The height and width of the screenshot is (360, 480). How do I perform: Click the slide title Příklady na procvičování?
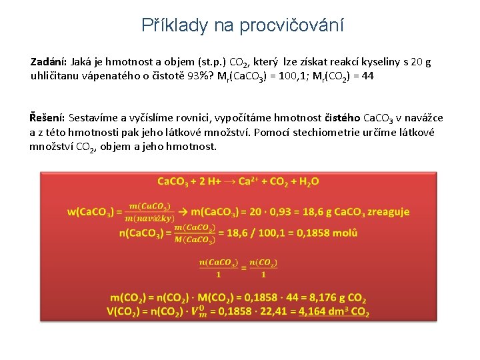tap(243, 25)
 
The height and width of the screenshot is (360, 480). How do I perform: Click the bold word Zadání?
tap(47, 62)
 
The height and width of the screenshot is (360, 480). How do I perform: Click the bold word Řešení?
tap(47, 118)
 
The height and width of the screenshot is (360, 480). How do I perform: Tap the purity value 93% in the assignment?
tap(189, 76)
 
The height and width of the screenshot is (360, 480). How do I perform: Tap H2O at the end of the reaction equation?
tap(307, 181)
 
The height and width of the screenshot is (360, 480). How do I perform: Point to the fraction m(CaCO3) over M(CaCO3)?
tap(195, 233)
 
